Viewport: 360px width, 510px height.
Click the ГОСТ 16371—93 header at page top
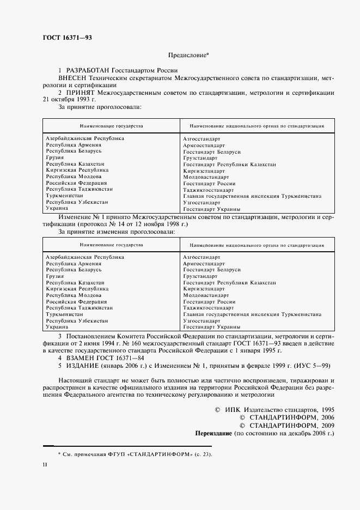[x=68, y=37]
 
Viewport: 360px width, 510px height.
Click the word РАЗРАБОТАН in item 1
[x=88, y=71]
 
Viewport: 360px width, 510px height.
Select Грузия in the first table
[x=55, y=157]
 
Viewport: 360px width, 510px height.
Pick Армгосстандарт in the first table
[x=204, y=145]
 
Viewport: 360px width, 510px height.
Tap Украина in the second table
[x=57, y=327]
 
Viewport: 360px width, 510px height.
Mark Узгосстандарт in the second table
[x=202, y=321]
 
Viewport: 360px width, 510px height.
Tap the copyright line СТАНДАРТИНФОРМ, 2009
[x=292, y=426]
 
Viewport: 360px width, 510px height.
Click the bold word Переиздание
[x=214, y=433]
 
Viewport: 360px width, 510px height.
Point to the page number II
[x=45, y=465]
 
